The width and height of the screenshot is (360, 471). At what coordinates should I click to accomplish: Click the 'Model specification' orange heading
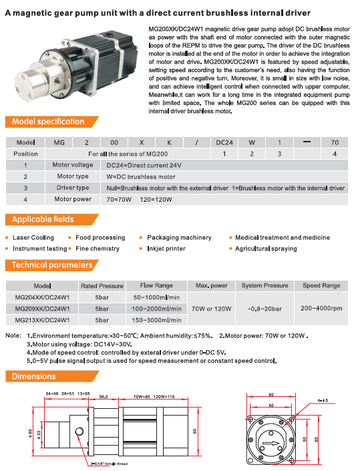pos(48,122)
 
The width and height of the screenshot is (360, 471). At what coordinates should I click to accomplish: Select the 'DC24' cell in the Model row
pos(224,142)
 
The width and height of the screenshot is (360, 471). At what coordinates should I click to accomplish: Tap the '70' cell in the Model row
pos(335,142)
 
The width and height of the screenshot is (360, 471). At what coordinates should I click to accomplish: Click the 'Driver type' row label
pos(73,188)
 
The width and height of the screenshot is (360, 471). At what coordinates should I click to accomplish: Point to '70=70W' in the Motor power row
pos(119,200)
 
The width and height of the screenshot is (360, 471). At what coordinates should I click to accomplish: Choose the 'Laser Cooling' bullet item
pos(33,238)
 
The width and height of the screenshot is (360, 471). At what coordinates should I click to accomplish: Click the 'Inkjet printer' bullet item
pos(166,249)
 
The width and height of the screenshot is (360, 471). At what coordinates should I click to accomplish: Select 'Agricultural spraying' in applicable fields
pos(266,249)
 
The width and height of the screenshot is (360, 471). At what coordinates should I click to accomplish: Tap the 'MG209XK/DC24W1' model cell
pos(42,309)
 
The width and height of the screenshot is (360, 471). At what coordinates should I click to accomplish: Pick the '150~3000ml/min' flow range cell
pos(156,320)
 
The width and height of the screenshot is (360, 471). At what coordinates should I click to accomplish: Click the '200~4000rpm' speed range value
pos(321,309)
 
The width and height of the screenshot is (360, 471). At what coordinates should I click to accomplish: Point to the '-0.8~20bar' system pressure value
pos(264,309)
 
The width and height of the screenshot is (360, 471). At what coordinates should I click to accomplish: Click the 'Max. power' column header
pos(211,285)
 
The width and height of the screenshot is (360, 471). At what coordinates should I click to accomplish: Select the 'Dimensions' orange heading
pos(33,376)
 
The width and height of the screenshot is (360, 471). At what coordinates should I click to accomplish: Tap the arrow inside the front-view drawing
pos(271,444)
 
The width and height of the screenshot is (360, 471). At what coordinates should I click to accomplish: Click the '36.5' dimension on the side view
pos(104,396)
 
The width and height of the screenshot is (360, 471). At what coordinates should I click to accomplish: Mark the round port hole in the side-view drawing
pos(79,432)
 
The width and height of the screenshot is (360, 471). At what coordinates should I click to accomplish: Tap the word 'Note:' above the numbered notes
pos(13,335)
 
